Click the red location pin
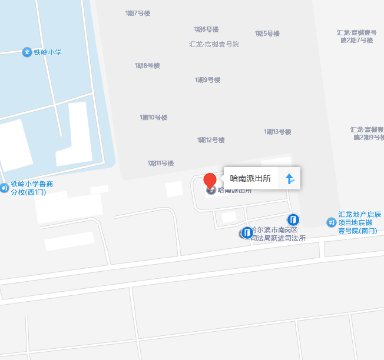[x=210, y=180]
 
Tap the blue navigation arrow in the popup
[x=289, y=178]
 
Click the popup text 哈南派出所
[x=250, y=178]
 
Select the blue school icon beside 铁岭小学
[x=27, y=52]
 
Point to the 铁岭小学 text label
[x=48, y=52]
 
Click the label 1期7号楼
[x=138, y=13]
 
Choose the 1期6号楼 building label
[x=206, y=29]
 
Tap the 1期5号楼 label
[x=267, y=34]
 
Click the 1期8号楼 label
[x=147, y=66]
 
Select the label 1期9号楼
[x=208, y=80]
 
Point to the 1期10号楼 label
[x=154, y=118]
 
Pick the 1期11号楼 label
[x=161, y=163]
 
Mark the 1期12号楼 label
[x=211, y=140]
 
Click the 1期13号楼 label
[x=278, y=132]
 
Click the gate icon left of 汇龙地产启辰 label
[x=331, y=222]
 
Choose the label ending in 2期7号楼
[x=357, y=36]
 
